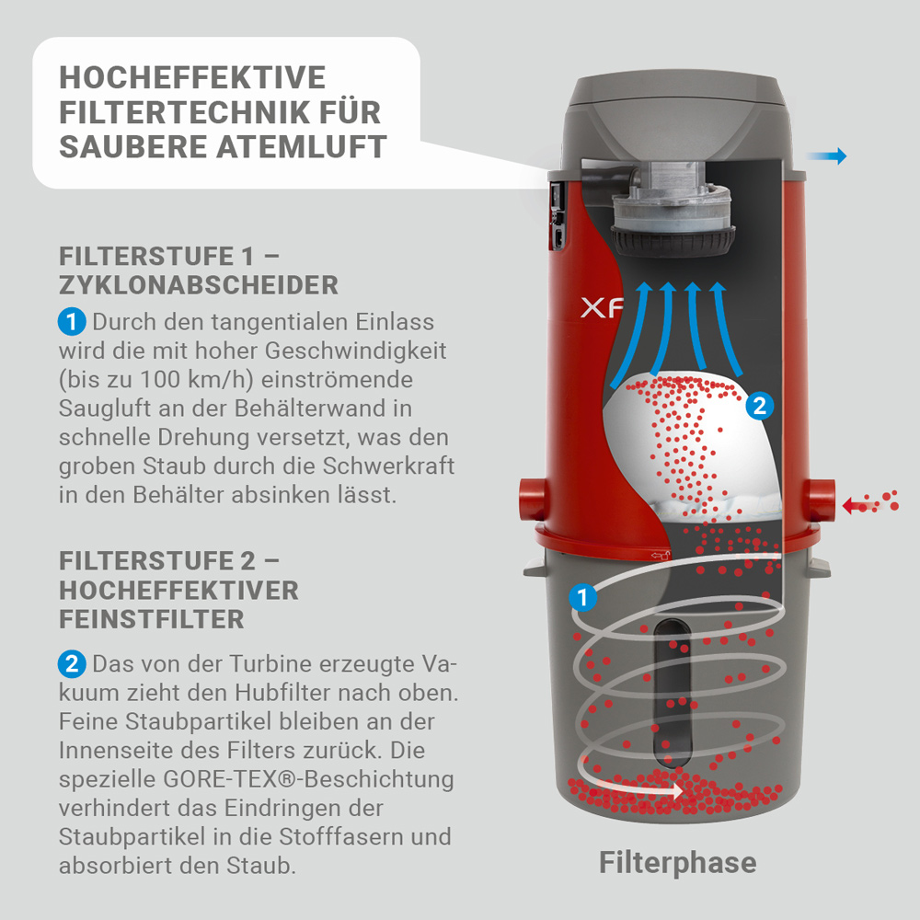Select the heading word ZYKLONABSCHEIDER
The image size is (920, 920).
(x=199, y=285)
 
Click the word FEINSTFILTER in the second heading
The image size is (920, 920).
(x=152, y=619)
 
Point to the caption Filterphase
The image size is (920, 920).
(x=677, y=862)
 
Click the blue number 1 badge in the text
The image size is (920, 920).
(x=72, y=323)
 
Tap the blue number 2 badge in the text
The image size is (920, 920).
(x=72, y=664)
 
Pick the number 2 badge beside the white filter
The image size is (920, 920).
(x=758, y=406)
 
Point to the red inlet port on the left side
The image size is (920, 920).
(x=531, y=500)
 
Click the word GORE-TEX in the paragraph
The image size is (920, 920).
(x=206, y=779)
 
